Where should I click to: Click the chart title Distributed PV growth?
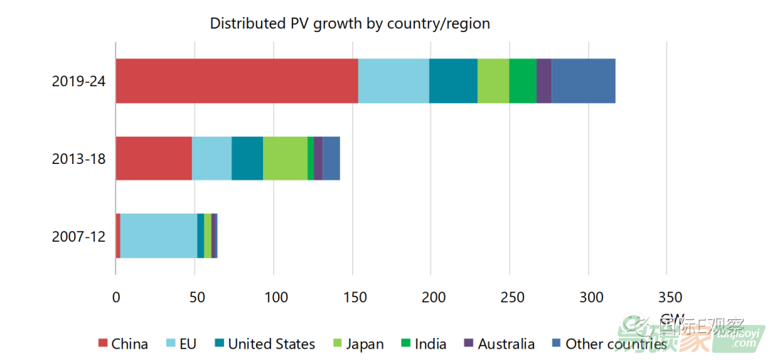[349, 24]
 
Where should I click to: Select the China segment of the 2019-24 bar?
[237, 81]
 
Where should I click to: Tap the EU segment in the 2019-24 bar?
[394, 81]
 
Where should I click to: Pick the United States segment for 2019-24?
[453, 81]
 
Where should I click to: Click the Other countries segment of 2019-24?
[583, 81]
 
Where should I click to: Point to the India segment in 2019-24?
[523, 81]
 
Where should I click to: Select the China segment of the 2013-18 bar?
[153, 158]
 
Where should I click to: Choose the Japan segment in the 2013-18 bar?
[285, 158]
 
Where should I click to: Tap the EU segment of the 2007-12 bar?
[158, 236]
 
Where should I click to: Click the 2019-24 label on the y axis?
[78, 81]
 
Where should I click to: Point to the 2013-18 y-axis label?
[78, 158]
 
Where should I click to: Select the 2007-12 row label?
[78, 236]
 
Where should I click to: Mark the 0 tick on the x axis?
[115, 297]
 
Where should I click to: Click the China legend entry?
[123, 344]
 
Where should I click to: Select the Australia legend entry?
[499, 344]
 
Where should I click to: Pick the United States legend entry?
[264, 344]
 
